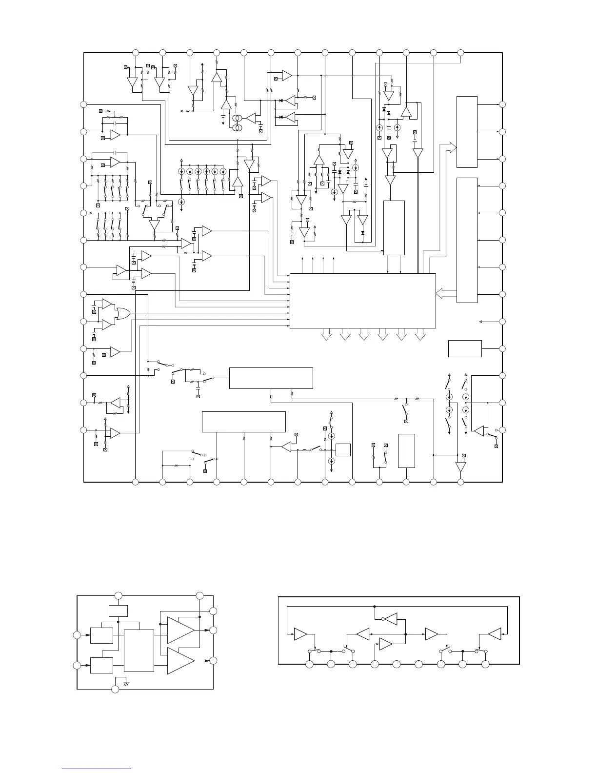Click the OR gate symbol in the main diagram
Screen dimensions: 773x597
pyautogui.click(x=122, y=313)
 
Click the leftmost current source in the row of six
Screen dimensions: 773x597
pyautogui.click(x=181, y=172)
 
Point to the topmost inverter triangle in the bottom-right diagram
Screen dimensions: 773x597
pyautogui.click(x=390, y=619)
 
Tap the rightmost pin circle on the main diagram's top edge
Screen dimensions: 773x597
pyautogui.click(x=461, y=52)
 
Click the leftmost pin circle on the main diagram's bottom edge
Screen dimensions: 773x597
pyautogui.click(x=136, y=482)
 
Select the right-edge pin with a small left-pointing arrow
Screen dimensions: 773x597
pyautogui.click(x=502, y=322)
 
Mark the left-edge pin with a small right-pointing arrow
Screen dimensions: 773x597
pyautogui.click(x=84, y=213)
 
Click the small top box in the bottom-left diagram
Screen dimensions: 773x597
pyautogui.click(x=118, y=611)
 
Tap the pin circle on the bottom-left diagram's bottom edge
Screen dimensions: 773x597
pyautogui.click(x=115, y=689)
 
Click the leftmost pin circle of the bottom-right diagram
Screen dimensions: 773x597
pyautogui.click(x=309, y=664)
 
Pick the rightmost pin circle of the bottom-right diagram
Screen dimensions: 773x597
pyautogui.click(x=485, y=664)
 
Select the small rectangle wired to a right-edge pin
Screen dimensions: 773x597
pyautogui.click(x=465, y=348)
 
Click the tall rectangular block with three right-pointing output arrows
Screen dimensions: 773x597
pyautogui.click(x=466, y=132)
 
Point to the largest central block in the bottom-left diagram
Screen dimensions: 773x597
pyautogui.click(x=139, y=651)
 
